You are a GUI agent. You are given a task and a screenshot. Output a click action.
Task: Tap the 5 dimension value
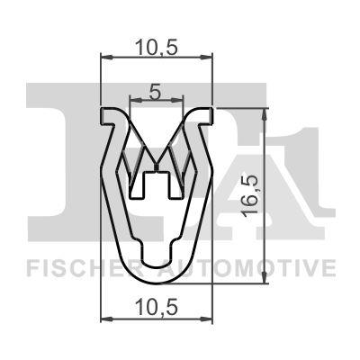(155, 91)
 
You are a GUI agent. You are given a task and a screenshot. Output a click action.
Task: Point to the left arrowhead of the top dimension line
(103, 58)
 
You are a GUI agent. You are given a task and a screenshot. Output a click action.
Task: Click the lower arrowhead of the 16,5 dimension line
(265, 281)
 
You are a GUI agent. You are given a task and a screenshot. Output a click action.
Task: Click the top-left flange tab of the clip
(109, 114)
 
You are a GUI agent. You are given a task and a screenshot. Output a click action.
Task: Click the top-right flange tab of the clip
(207, 113)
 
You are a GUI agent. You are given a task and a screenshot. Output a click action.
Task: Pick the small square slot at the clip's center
(157, 184)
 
